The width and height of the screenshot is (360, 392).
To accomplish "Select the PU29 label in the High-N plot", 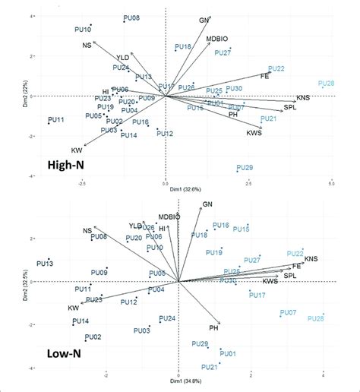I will pyautogui.click(x=245, y=167).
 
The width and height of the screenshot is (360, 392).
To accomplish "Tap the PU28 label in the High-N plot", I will pyautogui.click(x=327, y=84).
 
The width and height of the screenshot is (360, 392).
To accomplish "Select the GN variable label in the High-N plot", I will pyautogui.click(x=204, y=21).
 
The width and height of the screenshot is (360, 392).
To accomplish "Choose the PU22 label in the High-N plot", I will pyautogui.click(x=276, y=69).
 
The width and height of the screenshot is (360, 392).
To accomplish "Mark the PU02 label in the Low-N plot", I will pyautogui.click(x=93, y=337).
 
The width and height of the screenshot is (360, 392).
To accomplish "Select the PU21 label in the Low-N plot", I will pyautogui.click(x=210, y=367).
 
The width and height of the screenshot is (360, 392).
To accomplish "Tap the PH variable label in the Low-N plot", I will pyautogui.click(x=214, y=327).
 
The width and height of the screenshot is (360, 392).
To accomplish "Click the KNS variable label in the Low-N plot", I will pyautogui.click(x=311, y=259).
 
